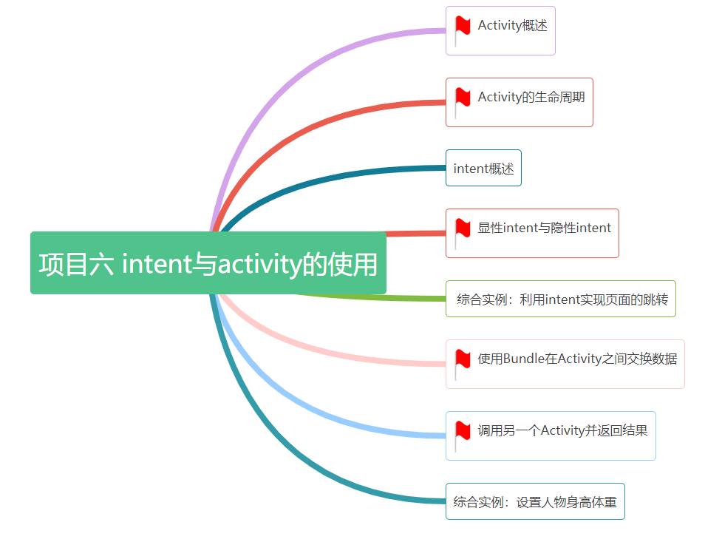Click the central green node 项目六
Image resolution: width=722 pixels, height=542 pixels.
[x=208, y=263]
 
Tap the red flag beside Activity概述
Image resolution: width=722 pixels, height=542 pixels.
[x=463, y=27]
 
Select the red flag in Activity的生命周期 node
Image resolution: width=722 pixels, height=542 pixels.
[x=463, y=98]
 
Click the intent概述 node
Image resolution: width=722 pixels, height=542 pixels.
[x=483, y=169]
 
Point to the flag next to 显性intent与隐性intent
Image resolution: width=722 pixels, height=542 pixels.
[x=463, y=229]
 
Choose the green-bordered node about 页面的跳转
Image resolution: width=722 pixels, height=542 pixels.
[x=561, y=299]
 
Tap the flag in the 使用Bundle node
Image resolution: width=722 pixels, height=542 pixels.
[x=463, y=360]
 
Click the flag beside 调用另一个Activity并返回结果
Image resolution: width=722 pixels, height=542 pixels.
[x=463, y=432]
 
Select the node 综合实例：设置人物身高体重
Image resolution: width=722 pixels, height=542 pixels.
[x=534, y=502]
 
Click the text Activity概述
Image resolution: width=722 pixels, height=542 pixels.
[x=512, y=26]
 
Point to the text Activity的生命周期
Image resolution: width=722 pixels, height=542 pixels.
[x=531, y=97]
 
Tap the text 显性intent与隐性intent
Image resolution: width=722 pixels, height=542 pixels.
[x=544, y=228]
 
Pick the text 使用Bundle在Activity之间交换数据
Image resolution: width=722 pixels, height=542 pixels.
[x=576, y=359]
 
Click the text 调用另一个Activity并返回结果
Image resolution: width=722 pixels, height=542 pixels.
[x=562, y=430]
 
